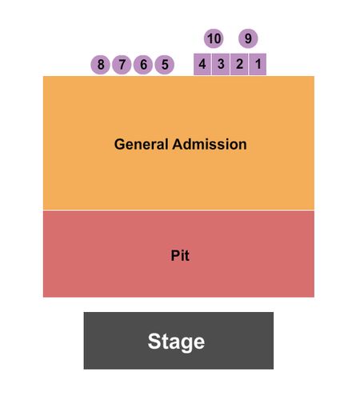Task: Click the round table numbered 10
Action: pos(214,38)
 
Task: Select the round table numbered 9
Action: pos(248,38)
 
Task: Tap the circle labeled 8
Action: pos(101,65)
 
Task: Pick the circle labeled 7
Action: pos(122,65)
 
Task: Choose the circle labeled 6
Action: pos(143,65)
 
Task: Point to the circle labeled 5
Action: pos(165,65)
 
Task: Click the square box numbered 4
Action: pos(202,64)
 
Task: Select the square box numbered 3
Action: pos(221,64)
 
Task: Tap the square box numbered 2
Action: pos(239,64)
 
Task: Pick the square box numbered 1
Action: pos(258,64)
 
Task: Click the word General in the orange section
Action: pos(142,144)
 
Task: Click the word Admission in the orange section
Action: pos(210,144)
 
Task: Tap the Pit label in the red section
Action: pos(180,255)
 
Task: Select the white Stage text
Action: pos(176,342)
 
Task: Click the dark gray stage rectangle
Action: pos(178,341)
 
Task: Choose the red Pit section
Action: pos(178,254)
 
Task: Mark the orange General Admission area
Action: pos(178,143)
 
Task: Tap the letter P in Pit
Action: pos(175,255)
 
